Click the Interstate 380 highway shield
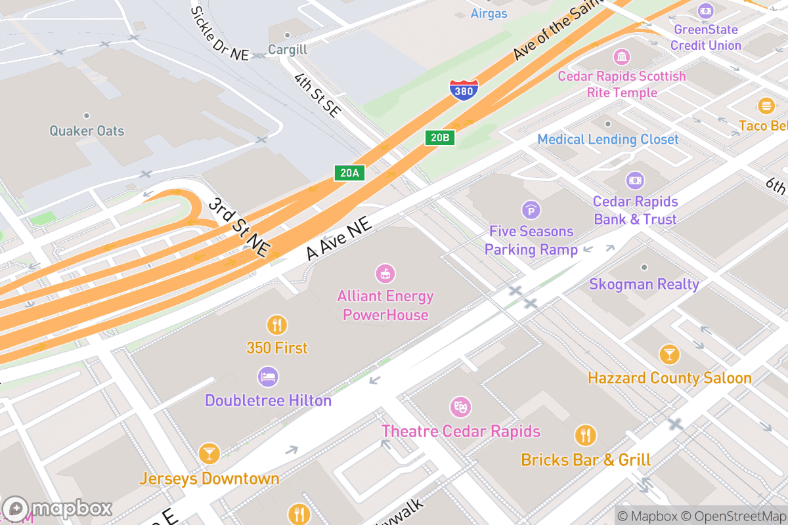[464, 90]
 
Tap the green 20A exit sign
[349, 173]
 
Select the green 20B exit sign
[439, 137]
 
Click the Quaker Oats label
[87, 131]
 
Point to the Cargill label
[287, 50]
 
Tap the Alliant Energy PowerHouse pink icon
[385, 272]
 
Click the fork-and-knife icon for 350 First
[276, 325]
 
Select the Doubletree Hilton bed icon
[268, 377]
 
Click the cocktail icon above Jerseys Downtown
[209, 453]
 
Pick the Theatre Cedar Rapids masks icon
[460, 407]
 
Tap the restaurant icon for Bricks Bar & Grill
[585, 435]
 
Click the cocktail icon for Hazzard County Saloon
[669, 354]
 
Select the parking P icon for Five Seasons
[531, 210]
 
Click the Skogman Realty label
[644, 284]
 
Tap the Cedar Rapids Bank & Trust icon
[635, 180]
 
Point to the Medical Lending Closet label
[607, 139]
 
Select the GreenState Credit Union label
[706, 37]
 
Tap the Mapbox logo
[58, 509]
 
